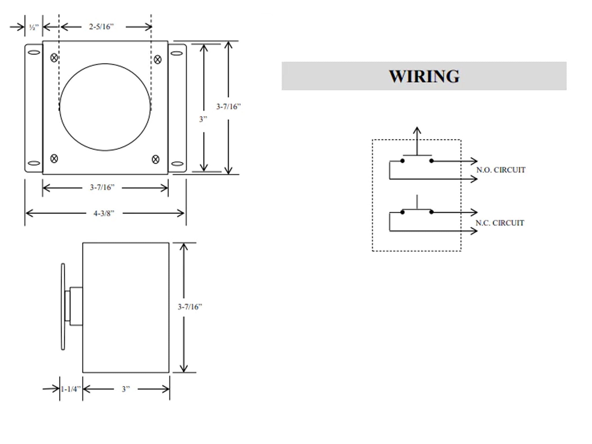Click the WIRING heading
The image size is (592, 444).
[x=424, y=76]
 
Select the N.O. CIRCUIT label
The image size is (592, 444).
[x=501, y=170]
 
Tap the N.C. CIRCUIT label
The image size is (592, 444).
[x=500, y=223]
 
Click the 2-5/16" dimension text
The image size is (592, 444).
[x=101, y=27]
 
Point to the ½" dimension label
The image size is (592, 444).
[x=34, y=27]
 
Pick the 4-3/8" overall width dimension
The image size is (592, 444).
[x=104, y=213]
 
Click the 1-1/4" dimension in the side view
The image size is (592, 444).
[x=71, y=389]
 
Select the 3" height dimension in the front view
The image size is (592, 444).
[x=203, y=119]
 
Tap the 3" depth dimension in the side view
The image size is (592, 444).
[x=126, y=389]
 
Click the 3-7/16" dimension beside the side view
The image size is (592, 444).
[x=190, y=307]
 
